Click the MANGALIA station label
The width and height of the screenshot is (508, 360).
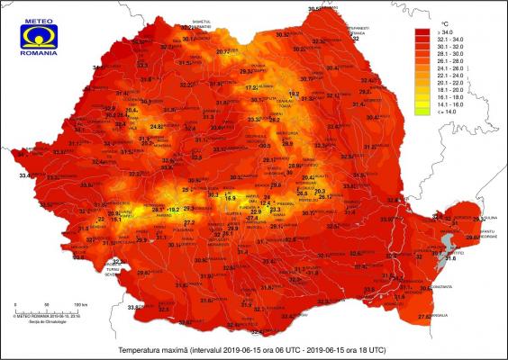click(x=439, y=316)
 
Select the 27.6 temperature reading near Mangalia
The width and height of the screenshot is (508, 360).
click(x=423, y=317)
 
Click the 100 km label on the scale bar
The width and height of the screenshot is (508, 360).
click(x=79, y=303)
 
